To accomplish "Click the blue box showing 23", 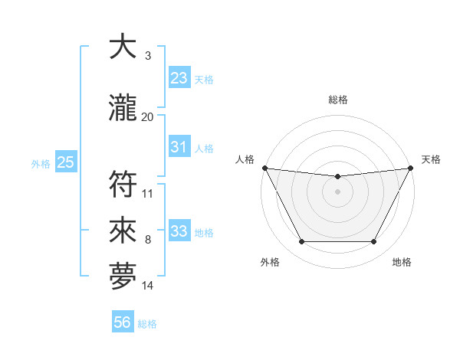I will click(179, 78).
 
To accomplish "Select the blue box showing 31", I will click(179, 147).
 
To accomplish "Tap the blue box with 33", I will click(179, 231).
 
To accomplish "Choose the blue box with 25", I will click(65, 162).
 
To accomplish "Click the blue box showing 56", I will click(123, 323).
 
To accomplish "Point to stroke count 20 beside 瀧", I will click(148, 117).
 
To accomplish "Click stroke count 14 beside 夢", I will click(148, 286).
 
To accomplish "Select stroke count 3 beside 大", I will click(148, 56).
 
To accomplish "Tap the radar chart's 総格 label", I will click(337, 100).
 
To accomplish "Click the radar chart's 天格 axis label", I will click(431, 159).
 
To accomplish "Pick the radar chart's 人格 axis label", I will click(245, 159).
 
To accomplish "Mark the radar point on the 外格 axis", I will click(301, 242).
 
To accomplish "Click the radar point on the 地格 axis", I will click(374, 242).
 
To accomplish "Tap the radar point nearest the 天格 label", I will click(411, 168).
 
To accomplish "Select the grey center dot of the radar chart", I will click(337, 191).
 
